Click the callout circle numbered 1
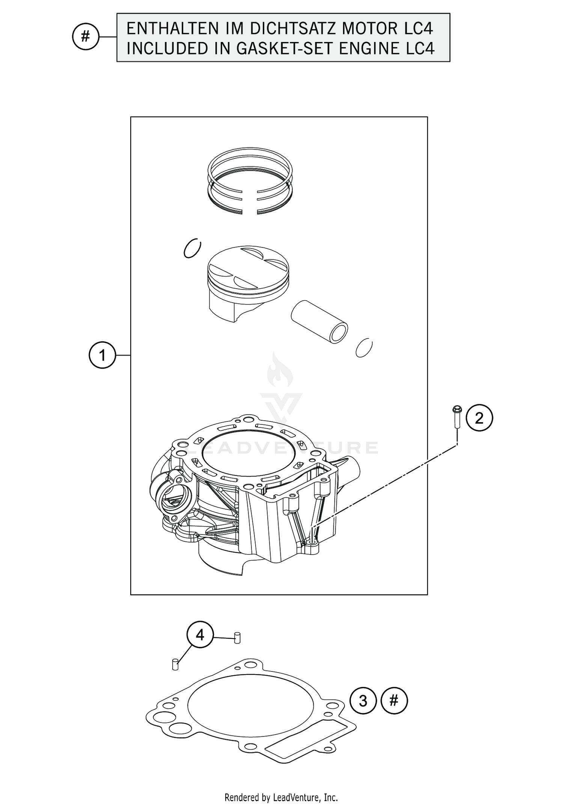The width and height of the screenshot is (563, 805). (102, 355)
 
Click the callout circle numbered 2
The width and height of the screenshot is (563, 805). (479, 418)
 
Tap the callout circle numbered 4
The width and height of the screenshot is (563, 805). (200, 635)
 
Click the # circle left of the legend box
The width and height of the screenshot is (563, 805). (85, 37)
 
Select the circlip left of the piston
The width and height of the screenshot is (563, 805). (193, 248)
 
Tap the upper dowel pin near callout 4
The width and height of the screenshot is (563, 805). (237, 638)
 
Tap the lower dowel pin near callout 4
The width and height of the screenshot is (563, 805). (175, 664)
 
